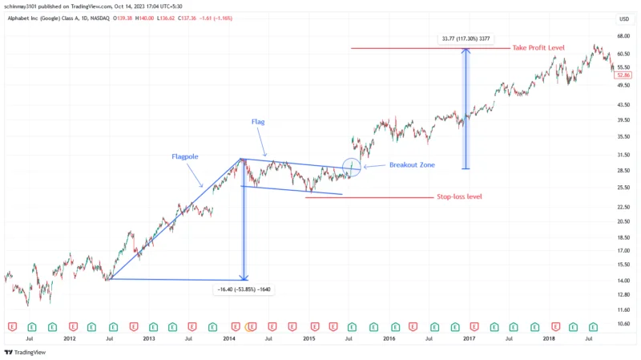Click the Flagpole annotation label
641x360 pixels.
click(x=185, y=156)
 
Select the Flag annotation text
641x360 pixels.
click(x=257, y=122)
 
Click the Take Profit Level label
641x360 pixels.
click(x=540, y=48)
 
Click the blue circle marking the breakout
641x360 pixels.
click(x=352, y=167)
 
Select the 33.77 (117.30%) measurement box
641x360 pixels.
click(x=466, y=38)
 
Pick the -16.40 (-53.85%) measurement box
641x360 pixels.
click(x=244, y=289)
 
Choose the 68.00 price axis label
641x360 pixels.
click(x=624, y=36)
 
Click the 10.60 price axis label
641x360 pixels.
click(x=624, y=324)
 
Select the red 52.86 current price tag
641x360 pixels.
click(x=624, y=75)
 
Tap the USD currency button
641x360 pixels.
click(x=624, y=18)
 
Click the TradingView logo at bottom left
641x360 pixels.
click(x=25, y=352)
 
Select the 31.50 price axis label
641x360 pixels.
click(x=624, y=154)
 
